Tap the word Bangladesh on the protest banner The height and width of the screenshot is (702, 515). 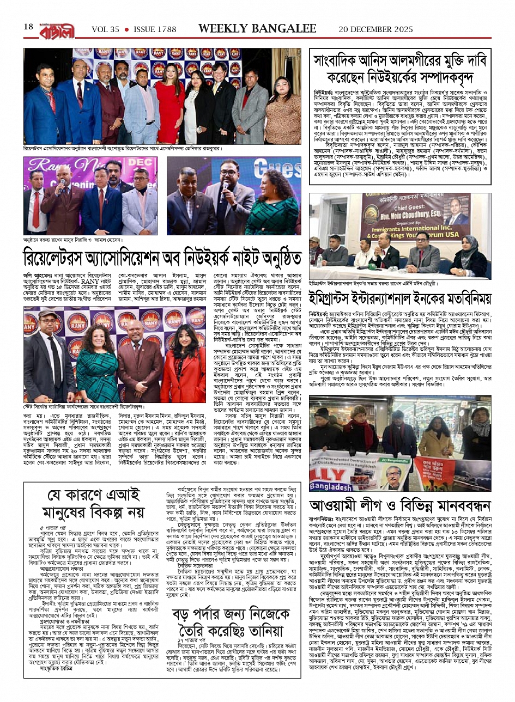click(x=336, y=486)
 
